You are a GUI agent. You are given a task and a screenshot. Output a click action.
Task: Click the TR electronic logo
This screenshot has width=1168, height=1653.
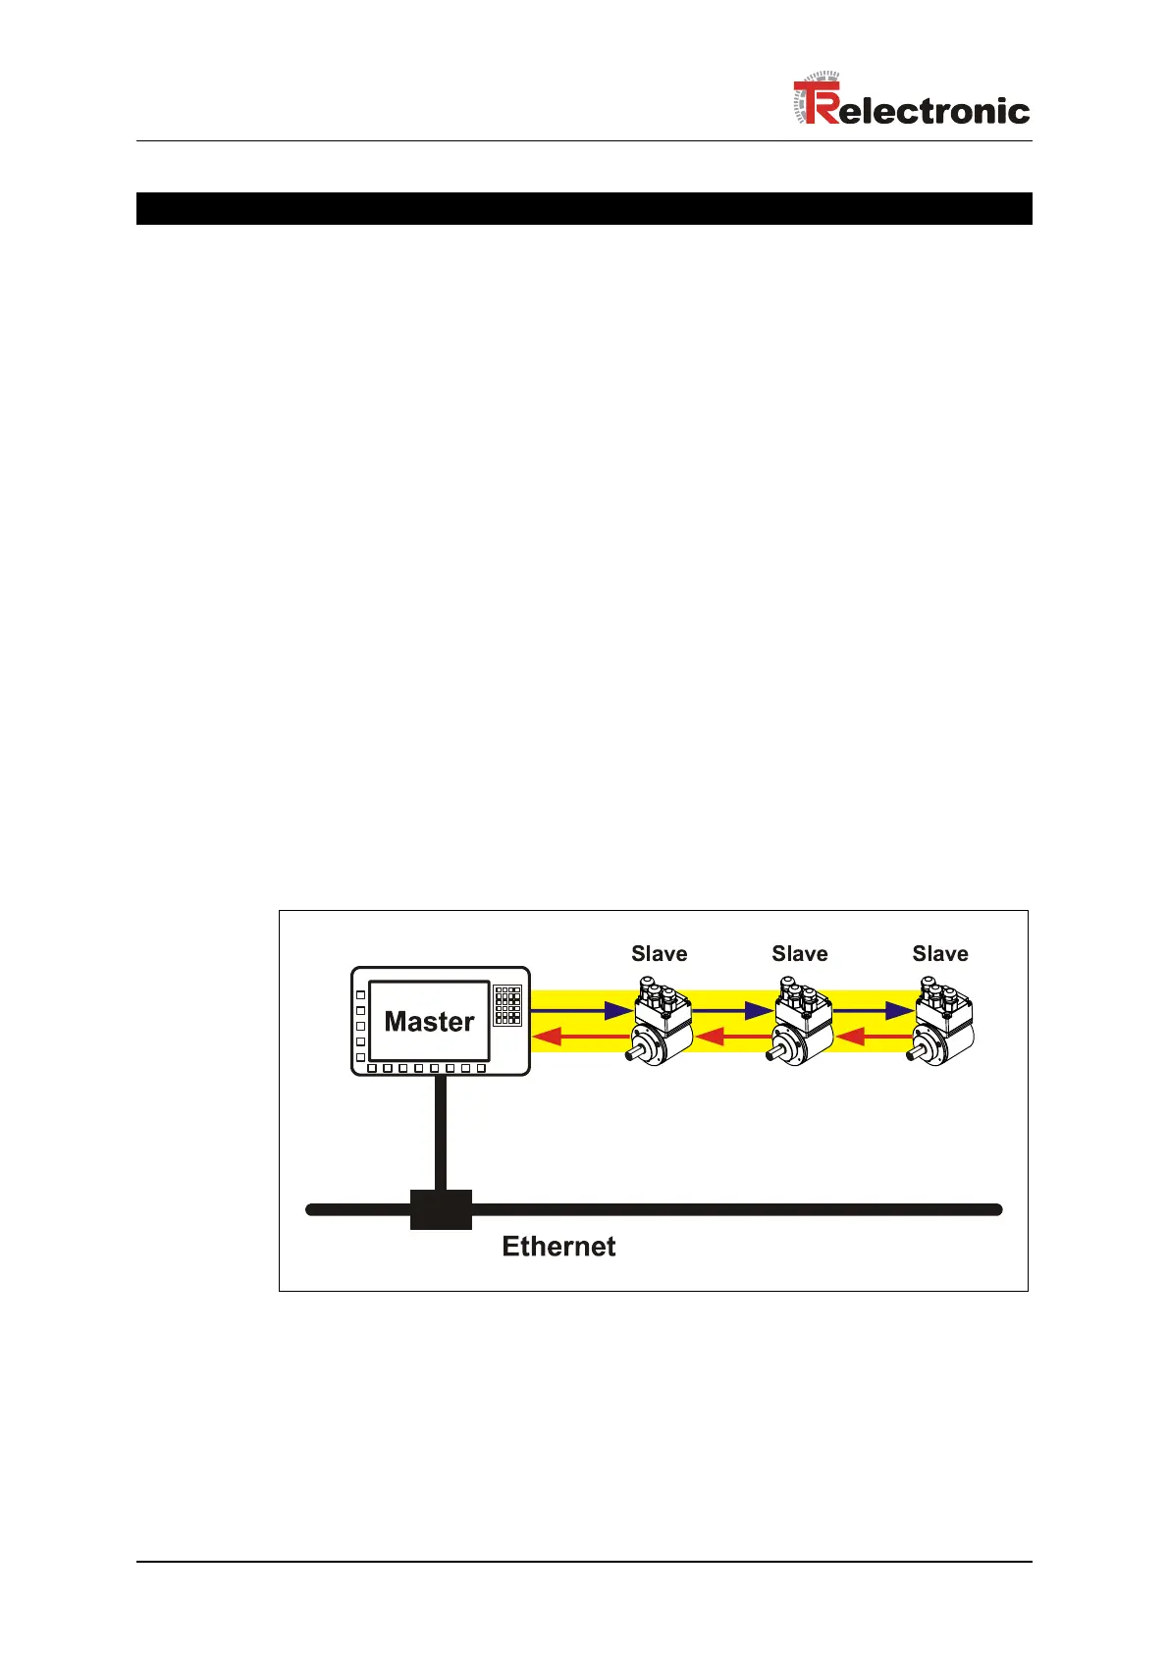coord(911,103)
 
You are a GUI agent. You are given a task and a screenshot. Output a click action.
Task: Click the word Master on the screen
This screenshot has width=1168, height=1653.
coord(429,1022)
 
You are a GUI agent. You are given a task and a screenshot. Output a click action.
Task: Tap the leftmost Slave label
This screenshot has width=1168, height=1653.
coord(659,954)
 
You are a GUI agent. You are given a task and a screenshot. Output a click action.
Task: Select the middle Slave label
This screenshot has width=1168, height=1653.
coord(799,954)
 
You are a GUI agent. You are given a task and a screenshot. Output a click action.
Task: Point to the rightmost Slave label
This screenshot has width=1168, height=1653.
coord(939,954)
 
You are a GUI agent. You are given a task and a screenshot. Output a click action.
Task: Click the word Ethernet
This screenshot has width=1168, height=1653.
coord(558,1247)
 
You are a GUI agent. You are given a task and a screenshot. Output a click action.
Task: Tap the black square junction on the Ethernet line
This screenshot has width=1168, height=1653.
coord(441,1209)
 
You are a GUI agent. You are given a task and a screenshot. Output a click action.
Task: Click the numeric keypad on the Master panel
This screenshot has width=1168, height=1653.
coord(507,1006)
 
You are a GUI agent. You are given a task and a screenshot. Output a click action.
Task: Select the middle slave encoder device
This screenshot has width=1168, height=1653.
coord(803,1026)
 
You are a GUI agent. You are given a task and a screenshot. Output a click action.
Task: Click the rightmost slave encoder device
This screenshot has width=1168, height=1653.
coord(944,1026)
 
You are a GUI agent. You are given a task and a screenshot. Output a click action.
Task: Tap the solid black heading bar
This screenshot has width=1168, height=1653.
coord(584,208)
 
